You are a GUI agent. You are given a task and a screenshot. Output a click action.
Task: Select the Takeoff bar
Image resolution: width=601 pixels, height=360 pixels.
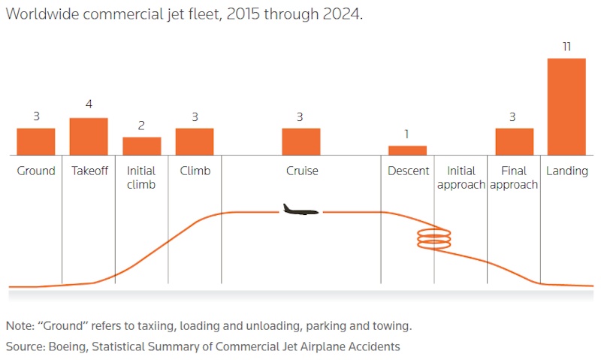point(89,136)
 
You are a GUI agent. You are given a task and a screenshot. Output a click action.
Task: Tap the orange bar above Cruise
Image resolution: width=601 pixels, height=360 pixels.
point(301,141)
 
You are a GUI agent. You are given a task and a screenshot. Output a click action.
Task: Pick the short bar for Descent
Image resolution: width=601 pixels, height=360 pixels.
point(407,150)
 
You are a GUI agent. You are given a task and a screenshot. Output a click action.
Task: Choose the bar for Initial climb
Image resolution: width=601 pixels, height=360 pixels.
point(142,146)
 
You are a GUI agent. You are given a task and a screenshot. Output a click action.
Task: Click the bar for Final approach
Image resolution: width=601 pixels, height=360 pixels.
point(514,141)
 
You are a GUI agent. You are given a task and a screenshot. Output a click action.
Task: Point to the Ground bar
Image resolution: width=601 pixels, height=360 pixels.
point(36,141)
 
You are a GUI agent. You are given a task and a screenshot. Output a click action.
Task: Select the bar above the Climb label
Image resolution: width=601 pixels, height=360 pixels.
point(195,141)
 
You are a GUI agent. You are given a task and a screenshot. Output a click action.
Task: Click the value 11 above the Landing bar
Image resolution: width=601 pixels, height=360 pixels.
point(566,47)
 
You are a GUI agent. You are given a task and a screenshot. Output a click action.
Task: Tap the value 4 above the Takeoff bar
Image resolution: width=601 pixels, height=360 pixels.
point(89,104)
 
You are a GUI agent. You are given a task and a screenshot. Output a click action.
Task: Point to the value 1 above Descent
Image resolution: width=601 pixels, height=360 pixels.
point(407,134)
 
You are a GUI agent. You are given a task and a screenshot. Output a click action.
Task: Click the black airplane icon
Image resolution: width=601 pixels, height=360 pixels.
point(300,210)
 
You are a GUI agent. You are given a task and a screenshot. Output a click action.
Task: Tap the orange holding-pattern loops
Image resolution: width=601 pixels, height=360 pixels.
point(435,240)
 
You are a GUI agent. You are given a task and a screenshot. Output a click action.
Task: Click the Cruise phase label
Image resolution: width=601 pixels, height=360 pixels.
point(302,171)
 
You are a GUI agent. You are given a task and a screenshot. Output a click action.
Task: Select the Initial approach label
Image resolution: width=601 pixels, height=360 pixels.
point(461,177)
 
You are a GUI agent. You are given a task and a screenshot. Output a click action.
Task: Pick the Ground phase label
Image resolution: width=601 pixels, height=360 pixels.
point(36,171)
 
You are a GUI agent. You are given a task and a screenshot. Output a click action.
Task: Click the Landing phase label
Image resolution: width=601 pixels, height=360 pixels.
point(566,171)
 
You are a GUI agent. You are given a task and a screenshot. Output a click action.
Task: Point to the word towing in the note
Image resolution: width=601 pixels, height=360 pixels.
point(393,326)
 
